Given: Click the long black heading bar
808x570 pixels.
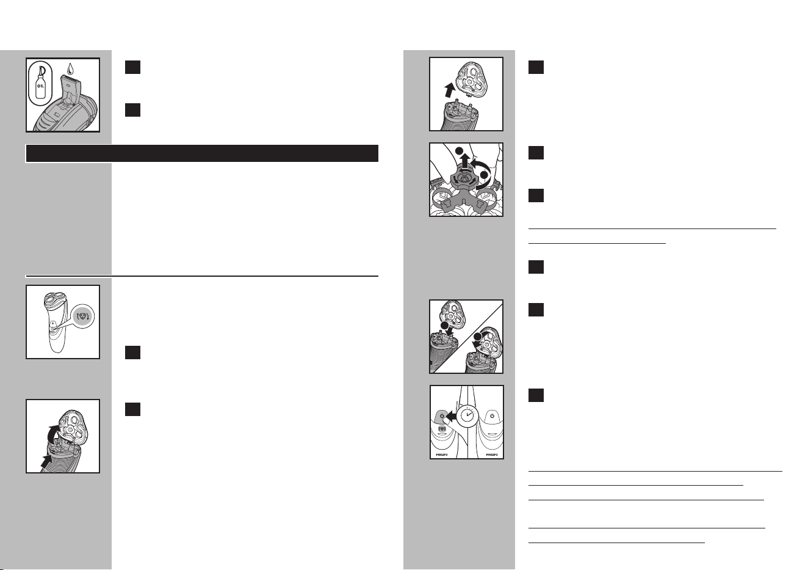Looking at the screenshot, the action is coord(202,153).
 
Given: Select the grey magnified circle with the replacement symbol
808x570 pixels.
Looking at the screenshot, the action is coord(83,316).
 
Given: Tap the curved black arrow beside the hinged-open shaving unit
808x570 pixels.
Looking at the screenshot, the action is coord(54,434).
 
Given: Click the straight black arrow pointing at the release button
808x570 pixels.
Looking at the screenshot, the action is coord(46,461).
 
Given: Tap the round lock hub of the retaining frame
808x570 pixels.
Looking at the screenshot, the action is coord(465,178).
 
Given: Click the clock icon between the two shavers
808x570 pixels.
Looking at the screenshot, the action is coord(468,415).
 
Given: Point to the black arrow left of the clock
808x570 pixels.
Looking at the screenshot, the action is coord(451,416).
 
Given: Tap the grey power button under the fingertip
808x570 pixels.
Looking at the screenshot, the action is coord(441,416).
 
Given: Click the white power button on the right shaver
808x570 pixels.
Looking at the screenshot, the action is coord(492,416).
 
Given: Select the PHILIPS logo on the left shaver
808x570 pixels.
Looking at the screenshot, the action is coord(442,455).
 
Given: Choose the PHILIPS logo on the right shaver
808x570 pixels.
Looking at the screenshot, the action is coord(492,455).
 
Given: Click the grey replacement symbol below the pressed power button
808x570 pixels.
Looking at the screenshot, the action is coord(442,428).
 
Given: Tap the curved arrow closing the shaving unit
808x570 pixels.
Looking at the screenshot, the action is coord(482,338).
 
